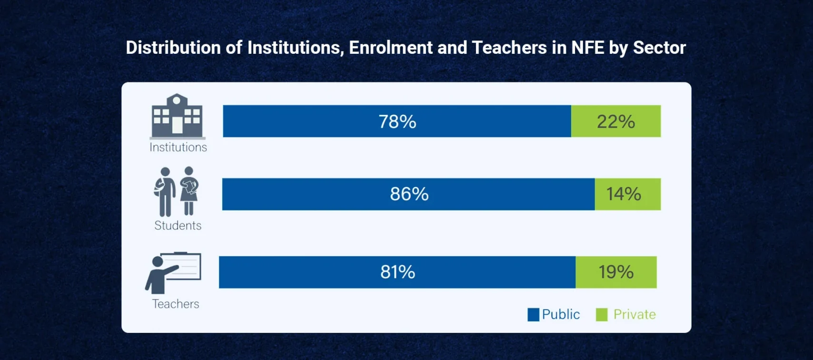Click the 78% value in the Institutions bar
tap(397, 121)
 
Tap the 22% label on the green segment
tap(615, 121)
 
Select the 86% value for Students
tap(409, 194)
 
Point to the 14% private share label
tap(623, 194)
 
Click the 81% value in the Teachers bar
tap(397, 272)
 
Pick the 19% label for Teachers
tap(615, 272)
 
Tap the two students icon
tap(177, 191)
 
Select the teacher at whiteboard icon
tap(174, 273)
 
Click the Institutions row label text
tap(178, 148)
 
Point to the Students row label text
tap(178, 225)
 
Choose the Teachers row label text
tap(175, 304)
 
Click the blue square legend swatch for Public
tap(533, 315)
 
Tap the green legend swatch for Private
tap(602, 315)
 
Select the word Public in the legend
tap(561, 314)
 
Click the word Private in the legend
tap(635, 314)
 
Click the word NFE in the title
tap(587, 48)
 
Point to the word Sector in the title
tap(659, 48)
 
